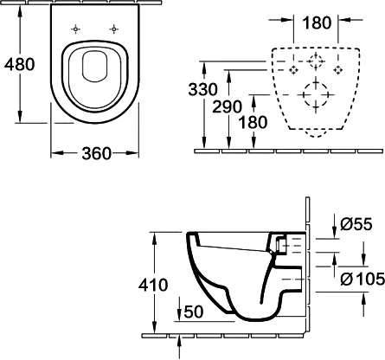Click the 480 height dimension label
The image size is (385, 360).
click(x=20, y=64)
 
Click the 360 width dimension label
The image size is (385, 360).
click(x=97, y=153)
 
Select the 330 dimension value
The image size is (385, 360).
click(x=203, y=89)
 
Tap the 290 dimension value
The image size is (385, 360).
click(x=228, y=106)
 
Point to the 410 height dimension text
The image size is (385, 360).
click(x=153, y=285)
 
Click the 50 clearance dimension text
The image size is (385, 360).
click(x=194, y=312)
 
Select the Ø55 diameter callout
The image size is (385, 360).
click(x=356, y=224)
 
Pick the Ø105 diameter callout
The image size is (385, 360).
click(x=363, y=279)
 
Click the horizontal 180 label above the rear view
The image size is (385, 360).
click(x=317, y=23)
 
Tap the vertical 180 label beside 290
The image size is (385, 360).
click(x=253, y=122)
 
